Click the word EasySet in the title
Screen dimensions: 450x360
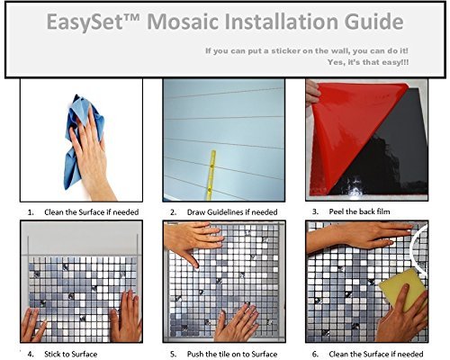point(85,22)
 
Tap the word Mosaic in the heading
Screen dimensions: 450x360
point(182,21)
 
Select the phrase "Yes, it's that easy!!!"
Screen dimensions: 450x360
point(368,62)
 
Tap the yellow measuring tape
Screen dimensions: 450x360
point(211,175)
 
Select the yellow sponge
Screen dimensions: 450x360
point(402,290)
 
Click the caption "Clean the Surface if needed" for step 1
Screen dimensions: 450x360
point(92,212)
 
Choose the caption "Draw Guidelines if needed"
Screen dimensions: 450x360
point(232,212)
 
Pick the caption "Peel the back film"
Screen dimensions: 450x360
point(359,211)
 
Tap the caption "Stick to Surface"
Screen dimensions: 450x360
point(71,355)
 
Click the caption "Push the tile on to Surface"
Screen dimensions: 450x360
point(232,355)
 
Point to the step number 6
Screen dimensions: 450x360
point(315,355)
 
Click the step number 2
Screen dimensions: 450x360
point(173,212)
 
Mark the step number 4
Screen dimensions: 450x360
point(31,355)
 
